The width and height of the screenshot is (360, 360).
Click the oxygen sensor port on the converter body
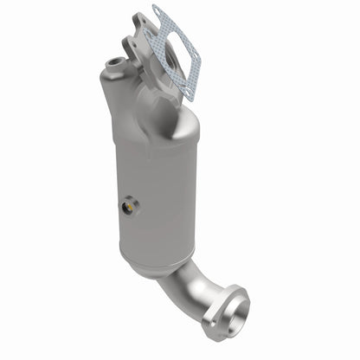[x=129, y=205]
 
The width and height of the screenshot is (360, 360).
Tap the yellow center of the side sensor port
[x=130, y=205]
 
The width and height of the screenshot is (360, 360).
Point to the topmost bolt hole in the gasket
[x=157, y=12]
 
